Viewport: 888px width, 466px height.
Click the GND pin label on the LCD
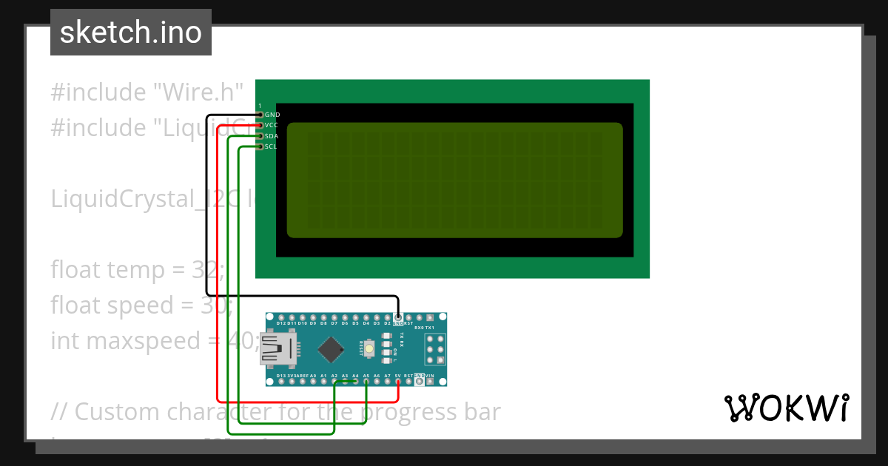272,115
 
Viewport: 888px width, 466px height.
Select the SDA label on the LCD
272,136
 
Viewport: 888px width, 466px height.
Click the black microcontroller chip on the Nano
334,348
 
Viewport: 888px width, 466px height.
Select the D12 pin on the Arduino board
281,317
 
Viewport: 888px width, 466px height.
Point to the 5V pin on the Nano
397,381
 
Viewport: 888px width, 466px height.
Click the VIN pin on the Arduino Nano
429,381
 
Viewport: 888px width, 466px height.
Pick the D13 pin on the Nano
281,381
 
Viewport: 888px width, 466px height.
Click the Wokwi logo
786,408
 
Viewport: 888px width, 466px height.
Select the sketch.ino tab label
131,33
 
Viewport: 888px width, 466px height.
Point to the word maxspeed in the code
137,340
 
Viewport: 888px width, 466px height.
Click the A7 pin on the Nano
387,381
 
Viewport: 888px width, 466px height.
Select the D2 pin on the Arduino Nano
387,317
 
